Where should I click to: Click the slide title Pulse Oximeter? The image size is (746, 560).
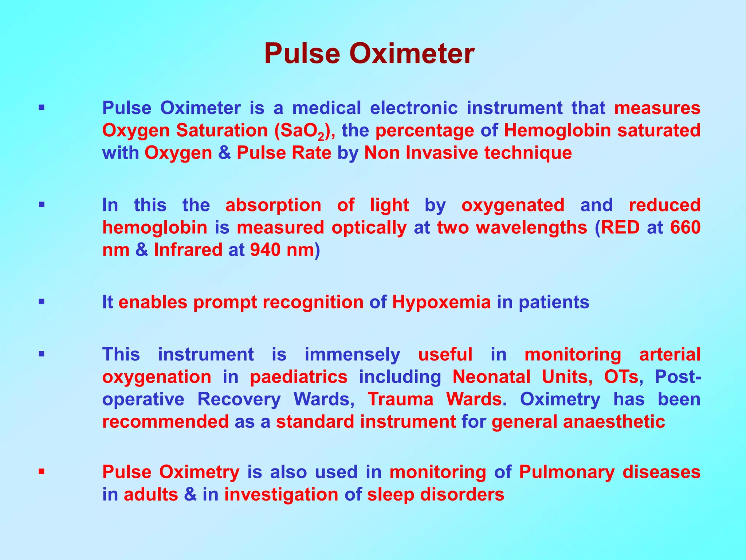pyautogui.click(x=369, y=54)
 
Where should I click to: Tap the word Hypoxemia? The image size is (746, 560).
pyautogui.click(x=441, y=302)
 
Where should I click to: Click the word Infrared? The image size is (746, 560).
pyautogui.click(x=188, y=250)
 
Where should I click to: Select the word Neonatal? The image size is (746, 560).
pyautogui.click(x=491, y=377)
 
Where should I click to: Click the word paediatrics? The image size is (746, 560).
pyautogui.click(x=299, y=377)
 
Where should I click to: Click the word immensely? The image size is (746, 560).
pyautogui.click(x=352, y=354)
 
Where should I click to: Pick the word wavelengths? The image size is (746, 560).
pyautogui.click(x=531, y=227)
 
